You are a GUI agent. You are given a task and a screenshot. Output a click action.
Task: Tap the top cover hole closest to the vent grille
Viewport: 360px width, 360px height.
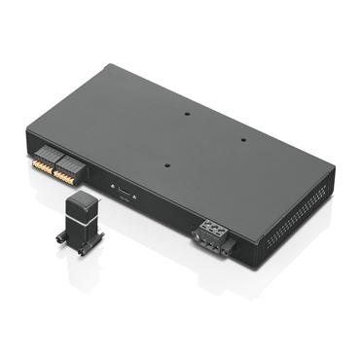click(x=243, y=139)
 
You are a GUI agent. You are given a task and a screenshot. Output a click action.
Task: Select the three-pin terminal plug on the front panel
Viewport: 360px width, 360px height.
click(x=214, y=234)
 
